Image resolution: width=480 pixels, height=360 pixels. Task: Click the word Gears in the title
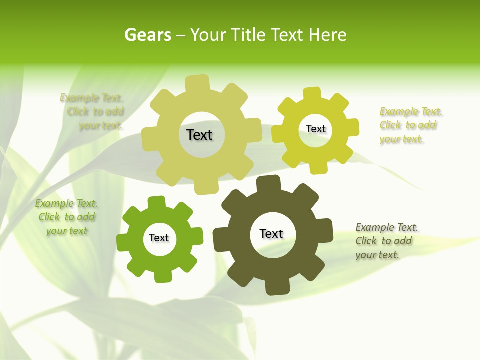click(x=147, y=35)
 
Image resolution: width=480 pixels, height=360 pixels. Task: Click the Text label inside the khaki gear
click(x=199, y=135)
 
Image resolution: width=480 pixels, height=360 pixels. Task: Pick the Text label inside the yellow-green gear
click(x=315, y=129)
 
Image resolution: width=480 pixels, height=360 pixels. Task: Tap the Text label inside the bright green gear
click(x=159, y=238)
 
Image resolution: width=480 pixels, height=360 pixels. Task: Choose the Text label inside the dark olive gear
click(x=271, y=233)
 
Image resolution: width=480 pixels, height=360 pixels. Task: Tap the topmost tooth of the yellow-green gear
click(x=312, y=94)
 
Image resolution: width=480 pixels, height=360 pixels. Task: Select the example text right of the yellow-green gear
click(x=409, y=125)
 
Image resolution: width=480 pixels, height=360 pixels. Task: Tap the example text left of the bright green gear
click(x=66, y=217)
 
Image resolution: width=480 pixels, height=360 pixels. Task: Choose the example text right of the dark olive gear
click(x=386, y=241)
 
